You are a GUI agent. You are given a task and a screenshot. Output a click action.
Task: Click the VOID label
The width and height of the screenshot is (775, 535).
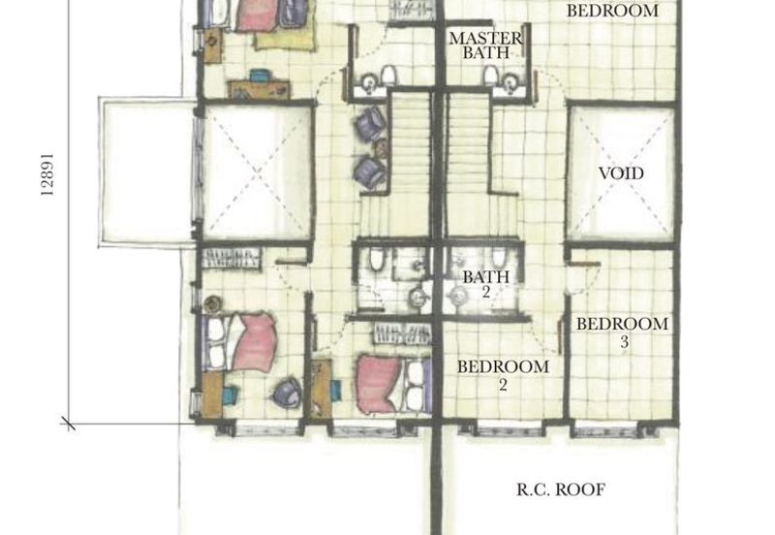(x=621, y=173)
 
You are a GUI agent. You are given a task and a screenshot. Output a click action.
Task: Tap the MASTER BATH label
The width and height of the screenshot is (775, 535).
(x=485, y=45)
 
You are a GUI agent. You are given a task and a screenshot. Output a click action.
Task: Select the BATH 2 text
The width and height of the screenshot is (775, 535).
(x=486, y=284)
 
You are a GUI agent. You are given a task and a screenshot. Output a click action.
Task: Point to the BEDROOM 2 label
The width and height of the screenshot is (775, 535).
(x=503, y=375)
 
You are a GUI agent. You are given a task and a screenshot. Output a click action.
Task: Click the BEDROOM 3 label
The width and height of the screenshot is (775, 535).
(x=622, y=332)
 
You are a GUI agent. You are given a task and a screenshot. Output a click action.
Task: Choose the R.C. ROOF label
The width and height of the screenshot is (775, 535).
(x=561, y=489)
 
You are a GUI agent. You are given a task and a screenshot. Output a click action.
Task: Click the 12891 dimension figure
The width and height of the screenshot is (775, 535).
(x=47, y=174)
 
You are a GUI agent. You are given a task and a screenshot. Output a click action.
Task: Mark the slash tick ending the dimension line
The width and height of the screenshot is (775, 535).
(x=68, y=423)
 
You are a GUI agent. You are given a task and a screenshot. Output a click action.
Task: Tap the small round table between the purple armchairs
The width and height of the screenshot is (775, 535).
(x=381, y=148)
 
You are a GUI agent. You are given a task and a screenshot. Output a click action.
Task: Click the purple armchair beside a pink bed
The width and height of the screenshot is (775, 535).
(x=287, y=393)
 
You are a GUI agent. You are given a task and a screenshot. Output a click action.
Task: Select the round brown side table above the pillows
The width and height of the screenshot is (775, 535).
(x=212, y=304)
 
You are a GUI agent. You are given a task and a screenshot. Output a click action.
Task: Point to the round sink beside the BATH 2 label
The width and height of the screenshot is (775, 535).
(x=457, y=297)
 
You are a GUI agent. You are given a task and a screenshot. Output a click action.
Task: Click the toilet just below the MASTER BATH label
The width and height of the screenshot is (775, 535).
(x=490, y=76)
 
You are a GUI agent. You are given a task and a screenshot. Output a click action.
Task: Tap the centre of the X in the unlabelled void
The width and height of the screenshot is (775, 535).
(x=257, y=173)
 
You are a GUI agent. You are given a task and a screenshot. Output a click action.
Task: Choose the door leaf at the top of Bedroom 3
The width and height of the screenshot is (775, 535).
(x=585, y=265)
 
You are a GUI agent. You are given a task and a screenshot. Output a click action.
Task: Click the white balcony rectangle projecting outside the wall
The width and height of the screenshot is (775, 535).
(x=147, y=172)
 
